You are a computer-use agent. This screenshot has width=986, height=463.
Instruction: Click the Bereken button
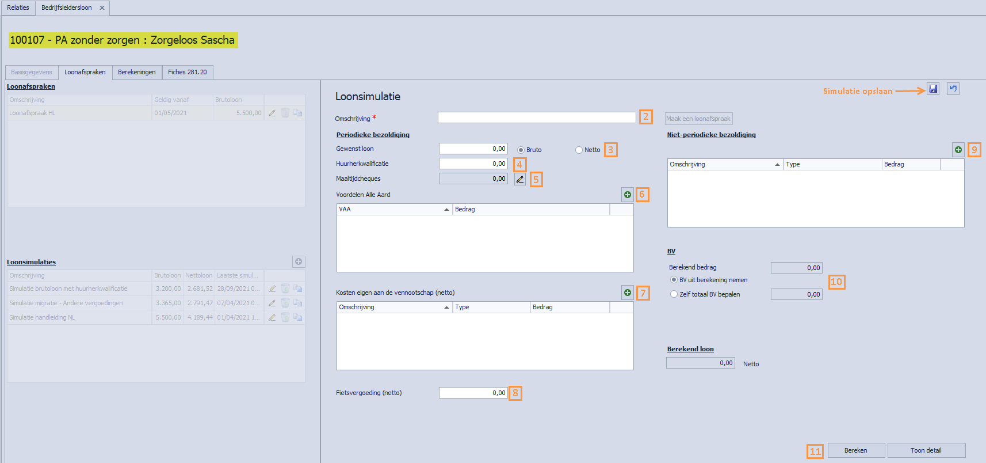tap(855, 450)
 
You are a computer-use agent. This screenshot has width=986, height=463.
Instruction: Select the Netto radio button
tap(579, 150)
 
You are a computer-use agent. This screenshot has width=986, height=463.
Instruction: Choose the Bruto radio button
tap(521, 150)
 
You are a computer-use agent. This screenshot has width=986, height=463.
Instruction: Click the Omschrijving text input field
tap(536, 117)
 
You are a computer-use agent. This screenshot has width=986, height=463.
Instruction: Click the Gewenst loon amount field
tap(473, 149)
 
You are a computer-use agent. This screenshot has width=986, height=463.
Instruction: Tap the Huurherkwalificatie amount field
tap(473, 164)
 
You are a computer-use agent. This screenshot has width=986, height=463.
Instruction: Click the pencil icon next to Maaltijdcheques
tap(520, 179)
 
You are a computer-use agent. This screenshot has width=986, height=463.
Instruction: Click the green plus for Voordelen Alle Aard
tap(628, 195)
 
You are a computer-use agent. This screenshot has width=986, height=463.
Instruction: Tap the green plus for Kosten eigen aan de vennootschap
tap(628, 293)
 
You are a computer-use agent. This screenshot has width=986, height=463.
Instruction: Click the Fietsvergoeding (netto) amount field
tap(473, 393)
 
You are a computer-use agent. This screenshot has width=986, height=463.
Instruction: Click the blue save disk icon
tap(933, 89)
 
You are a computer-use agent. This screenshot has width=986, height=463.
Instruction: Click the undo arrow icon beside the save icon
tap(953, 89)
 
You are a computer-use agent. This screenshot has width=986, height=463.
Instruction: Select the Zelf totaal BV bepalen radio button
tap(674, 294)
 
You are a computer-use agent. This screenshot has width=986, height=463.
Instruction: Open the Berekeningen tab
tap(137, 72)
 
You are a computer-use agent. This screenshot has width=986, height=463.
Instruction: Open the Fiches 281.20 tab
tap(188, 72)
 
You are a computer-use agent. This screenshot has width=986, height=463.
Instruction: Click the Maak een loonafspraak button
tap(698, 119)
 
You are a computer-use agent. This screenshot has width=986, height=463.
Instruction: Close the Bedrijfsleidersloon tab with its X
tap(102, 7)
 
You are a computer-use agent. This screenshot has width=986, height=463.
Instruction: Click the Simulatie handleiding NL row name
tap(42, 317)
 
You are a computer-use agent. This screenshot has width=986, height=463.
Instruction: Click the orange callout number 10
tap(836, 282)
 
